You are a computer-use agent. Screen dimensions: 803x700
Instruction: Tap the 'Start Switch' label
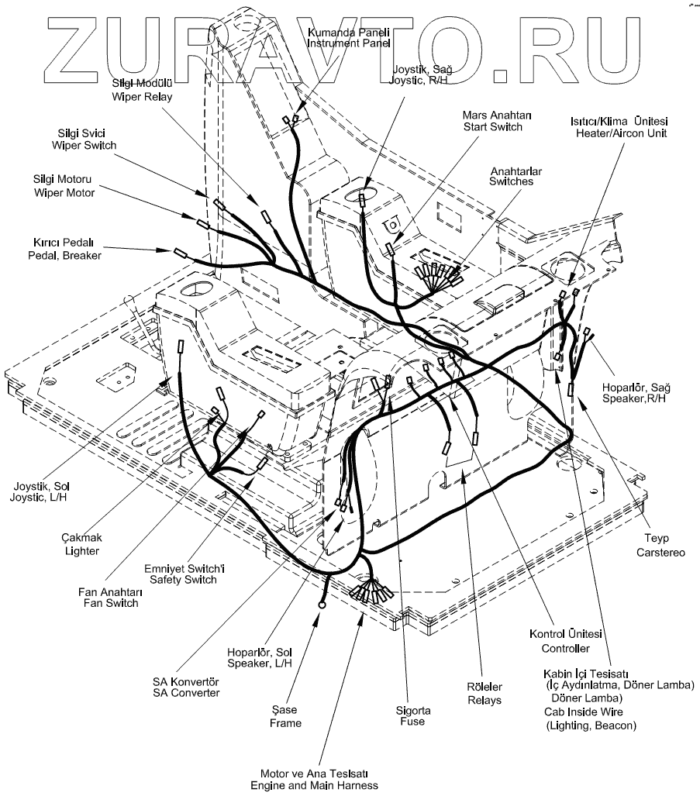(492, 126)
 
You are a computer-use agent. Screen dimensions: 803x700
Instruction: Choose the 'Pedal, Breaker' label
(64, 254)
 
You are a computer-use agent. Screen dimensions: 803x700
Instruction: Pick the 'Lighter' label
(82, 550)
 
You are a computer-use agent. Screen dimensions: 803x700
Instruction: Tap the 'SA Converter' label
(186, 692)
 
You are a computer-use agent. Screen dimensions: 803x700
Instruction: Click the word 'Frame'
(287, 723)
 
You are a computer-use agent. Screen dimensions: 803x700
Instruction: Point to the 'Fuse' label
(412, 722)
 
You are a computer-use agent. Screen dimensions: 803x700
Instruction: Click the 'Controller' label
(565, 648)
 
